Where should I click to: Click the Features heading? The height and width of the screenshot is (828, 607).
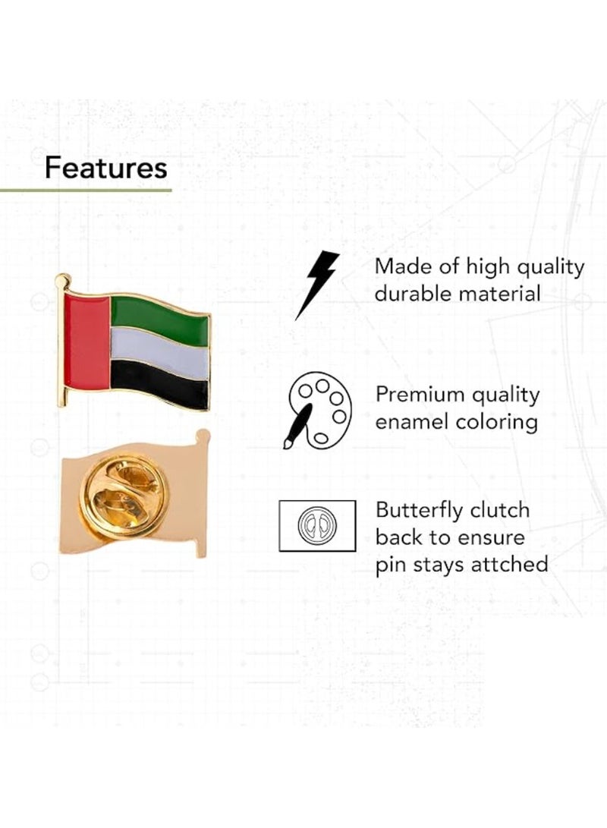click(105, 168)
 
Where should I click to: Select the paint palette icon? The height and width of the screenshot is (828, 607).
click(318, 410)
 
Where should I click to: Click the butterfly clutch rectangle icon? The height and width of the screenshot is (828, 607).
click(316, 525)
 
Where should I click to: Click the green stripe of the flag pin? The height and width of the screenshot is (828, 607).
click(159, 318)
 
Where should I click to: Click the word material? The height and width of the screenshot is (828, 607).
click(505, 294)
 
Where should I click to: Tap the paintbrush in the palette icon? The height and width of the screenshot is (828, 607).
click(297, 426)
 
